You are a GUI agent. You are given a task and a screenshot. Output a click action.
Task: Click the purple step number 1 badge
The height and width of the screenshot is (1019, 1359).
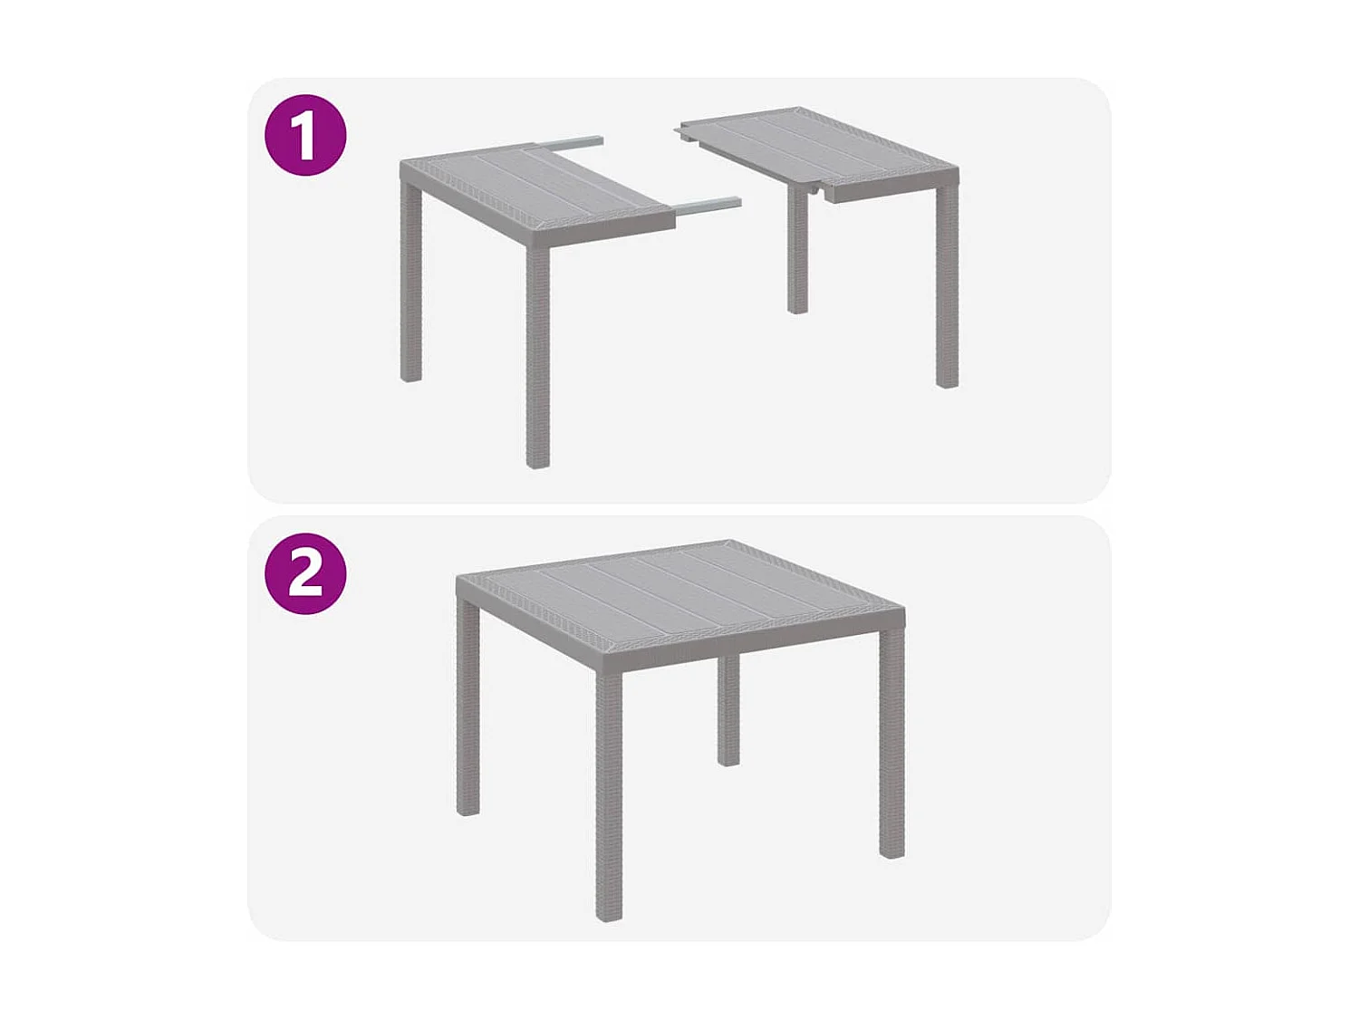pyautogui.click(x=305, y=135)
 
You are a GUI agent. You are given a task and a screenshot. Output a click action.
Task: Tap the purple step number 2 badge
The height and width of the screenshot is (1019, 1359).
pyautogui.click(x=305, y=573)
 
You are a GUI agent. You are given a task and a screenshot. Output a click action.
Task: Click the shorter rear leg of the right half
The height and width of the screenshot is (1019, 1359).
pyautogui.click(x=797, y=254)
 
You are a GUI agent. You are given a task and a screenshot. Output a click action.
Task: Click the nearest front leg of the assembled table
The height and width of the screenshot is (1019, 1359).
pyautogui.click(x=609, y=797)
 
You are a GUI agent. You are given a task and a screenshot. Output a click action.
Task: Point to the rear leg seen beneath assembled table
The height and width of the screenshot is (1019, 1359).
pyautogui.click(x=728, y=711)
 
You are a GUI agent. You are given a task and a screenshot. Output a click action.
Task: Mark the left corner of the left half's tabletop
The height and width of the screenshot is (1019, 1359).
pyautogui.click(x=404, y=165)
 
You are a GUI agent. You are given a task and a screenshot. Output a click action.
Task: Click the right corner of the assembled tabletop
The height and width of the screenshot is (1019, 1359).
pyautogui.click(x=901, y=607)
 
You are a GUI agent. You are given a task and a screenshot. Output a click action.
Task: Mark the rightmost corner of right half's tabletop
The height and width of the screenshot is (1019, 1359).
pyautogui.click(x=956, y=171)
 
